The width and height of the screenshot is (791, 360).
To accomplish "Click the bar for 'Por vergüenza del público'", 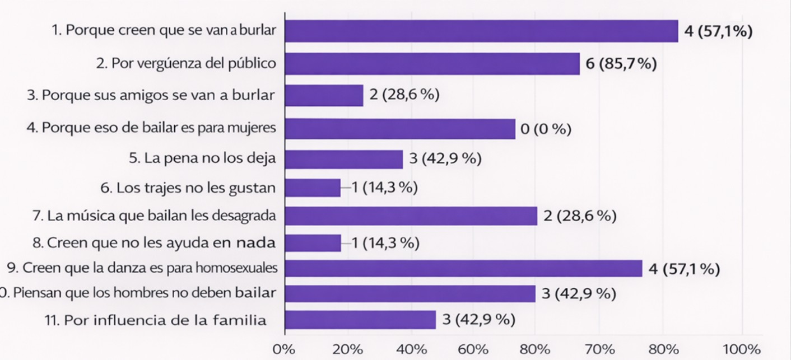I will (432, 63).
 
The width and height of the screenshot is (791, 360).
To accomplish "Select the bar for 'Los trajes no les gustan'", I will (313, 188).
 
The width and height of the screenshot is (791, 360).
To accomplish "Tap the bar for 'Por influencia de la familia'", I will (360, 320).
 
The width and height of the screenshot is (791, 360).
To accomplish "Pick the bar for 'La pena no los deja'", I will (344, 159).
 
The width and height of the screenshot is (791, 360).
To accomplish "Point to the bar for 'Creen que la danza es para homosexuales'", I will (463, 268).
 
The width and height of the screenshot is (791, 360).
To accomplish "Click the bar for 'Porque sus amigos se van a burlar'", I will (324, 95).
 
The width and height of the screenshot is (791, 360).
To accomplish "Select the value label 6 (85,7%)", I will (621, 64).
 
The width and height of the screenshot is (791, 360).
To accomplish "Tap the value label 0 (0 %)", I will (546, 130).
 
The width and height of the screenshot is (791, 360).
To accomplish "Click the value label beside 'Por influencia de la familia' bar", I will (479, 320).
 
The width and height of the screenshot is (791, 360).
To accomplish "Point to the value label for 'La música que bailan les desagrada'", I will (579, 216).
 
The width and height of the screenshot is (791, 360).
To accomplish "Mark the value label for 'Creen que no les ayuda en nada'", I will (385, 243).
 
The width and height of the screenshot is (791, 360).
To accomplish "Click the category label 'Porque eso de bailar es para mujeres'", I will (159, 128).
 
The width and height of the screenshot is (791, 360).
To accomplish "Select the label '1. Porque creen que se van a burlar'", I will (164, 30).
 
